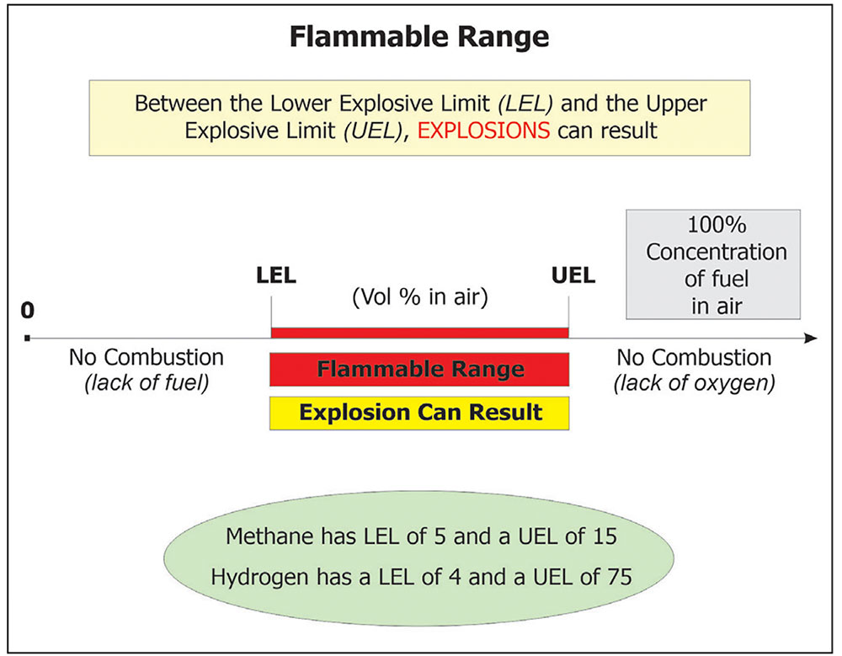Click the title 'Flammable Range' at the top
(418, 38)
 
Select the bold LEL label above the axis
(275, 275)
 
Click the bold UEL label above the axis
(573, 275)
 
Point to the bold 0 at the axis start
(28, 311)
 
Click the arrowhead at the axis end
(811, 339)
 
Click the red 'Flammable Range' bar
(419, 369)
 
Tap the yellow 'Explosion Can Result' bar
(419, 413)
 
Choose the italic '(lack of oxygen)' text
(694, 383)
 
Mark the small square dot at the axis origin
(29, 339)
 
